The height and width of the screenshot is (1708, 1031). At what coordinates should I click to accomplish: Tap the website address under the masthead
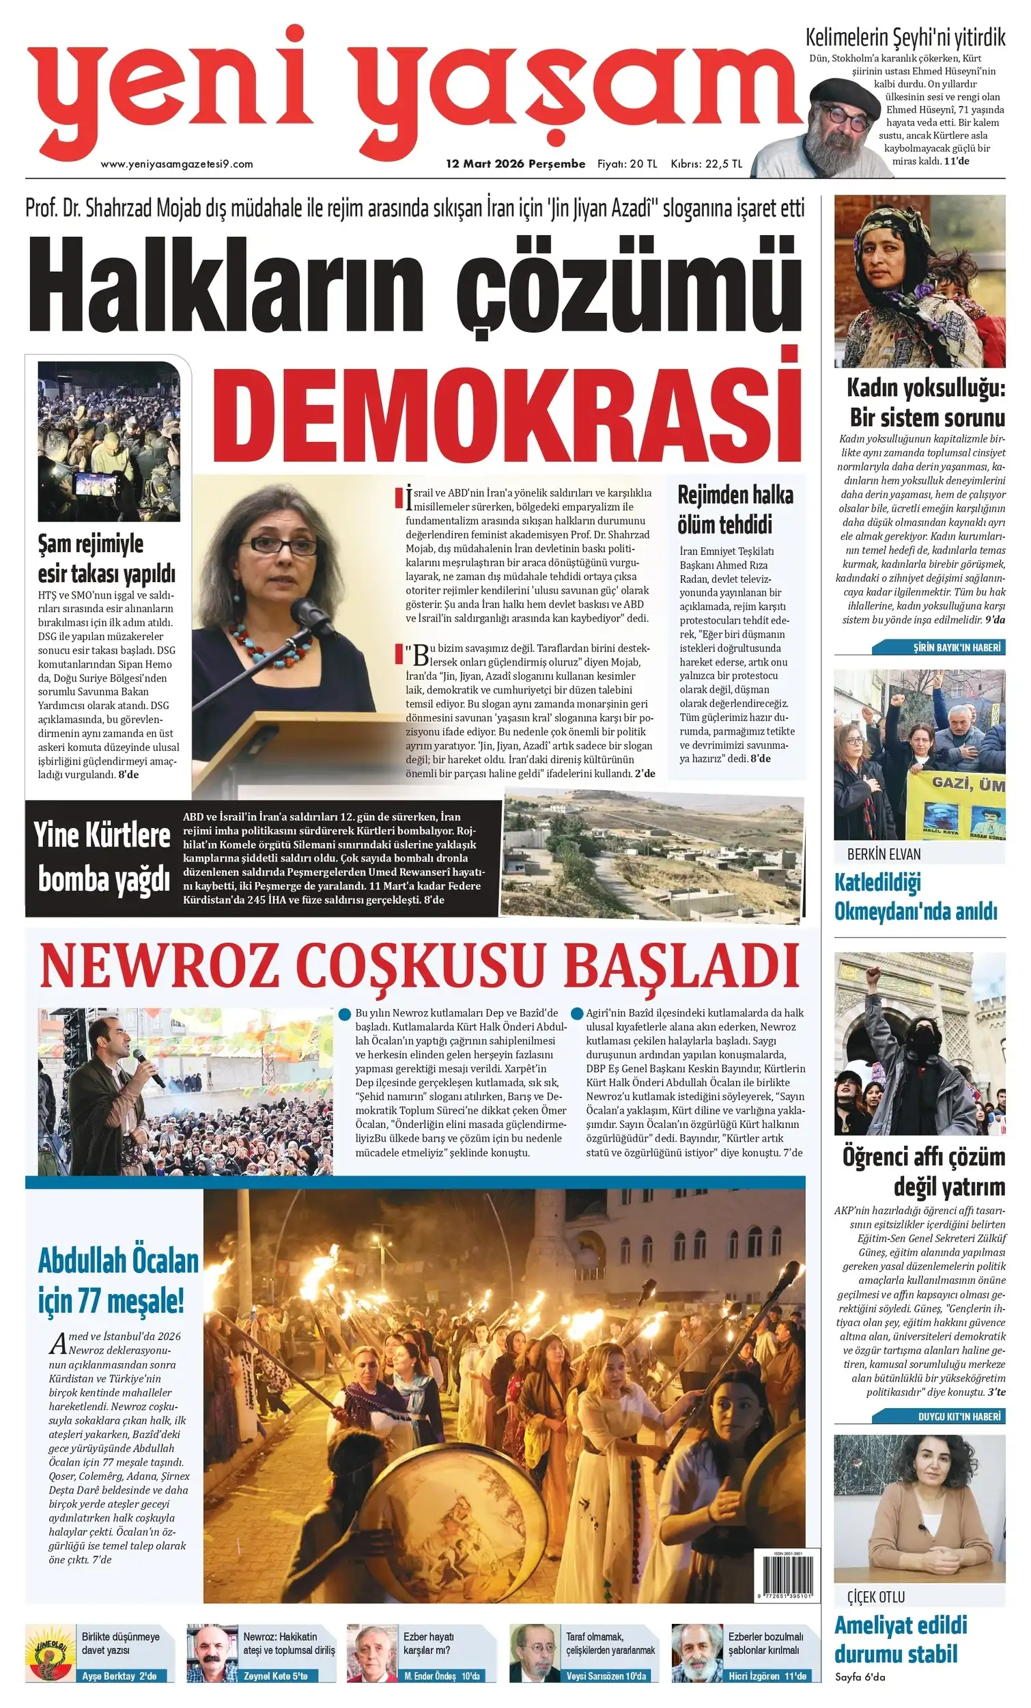click(177, 164)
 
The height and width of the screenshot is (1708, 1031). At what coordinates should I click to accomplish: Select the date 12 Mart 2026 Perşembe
click(515, 164)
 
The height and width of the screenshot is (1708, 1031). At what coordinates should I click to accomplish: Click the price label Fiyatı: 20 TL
click(627, 164)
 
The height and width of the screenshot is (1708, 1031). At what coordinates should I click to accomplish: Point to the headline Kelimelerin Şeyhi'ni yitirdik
click(905, 38)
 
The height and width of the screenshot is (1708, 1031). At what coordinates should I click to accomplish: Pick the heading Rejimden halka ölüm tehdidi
click(735, 510)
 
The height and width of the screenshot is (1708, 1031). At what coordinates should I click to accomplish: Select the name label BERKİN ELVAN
click(884, 854)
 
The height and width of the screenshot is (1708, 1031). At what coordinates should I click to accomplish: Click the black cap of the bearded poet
click(839, 92)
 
